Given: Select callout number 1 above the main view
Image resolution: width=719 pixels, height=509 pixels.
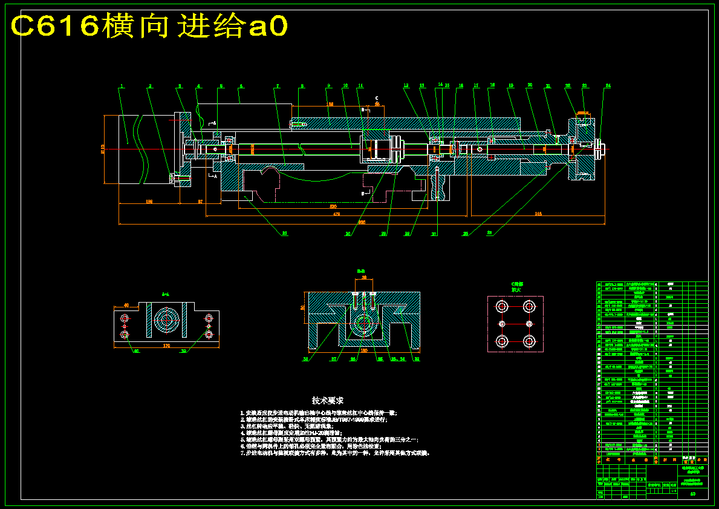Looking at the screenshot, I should [121, 86].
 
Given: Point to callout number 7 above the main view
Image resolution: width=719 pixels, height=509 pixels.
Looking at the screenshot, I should [278, 86].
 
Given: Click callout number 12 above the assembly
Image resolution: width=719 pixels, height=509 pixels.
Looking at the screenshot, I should [406, 85].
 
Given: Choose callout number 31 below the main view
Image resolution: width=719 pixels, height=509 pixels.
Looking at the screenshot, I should [285, 233].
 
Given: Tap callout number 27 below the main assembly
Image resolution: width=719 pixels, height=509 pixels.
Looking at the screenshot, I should [434, 233].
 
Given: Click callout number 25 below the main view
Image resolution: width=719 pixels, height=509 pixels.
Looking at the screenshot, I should [465, 233].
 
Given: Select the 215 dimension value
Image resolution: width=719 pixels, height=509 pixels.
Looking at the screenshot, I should [538, 214].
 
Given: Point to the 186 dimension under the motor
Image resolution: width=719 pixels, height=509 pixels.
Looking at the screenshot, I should [149, 202].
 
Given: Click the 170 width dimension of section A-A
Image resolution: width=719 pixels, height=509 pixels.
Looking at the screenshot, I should [166, 346].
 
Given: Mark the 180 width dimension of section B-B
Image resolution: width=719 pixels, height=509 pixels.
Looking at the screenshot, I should [364, 350].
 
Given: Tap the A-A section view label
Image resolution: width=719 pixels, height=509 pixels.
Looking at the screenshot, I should [165, 294].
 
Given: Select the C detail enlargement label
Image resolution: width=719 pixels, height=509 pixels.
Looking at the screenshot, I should [516, 286].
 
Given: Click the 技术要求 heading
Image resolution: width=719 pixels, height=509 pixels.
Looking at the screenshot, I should [328, 401].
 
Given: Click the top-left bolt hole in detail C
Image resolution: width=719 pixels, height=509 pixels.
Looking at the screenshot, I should [501, 307].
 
